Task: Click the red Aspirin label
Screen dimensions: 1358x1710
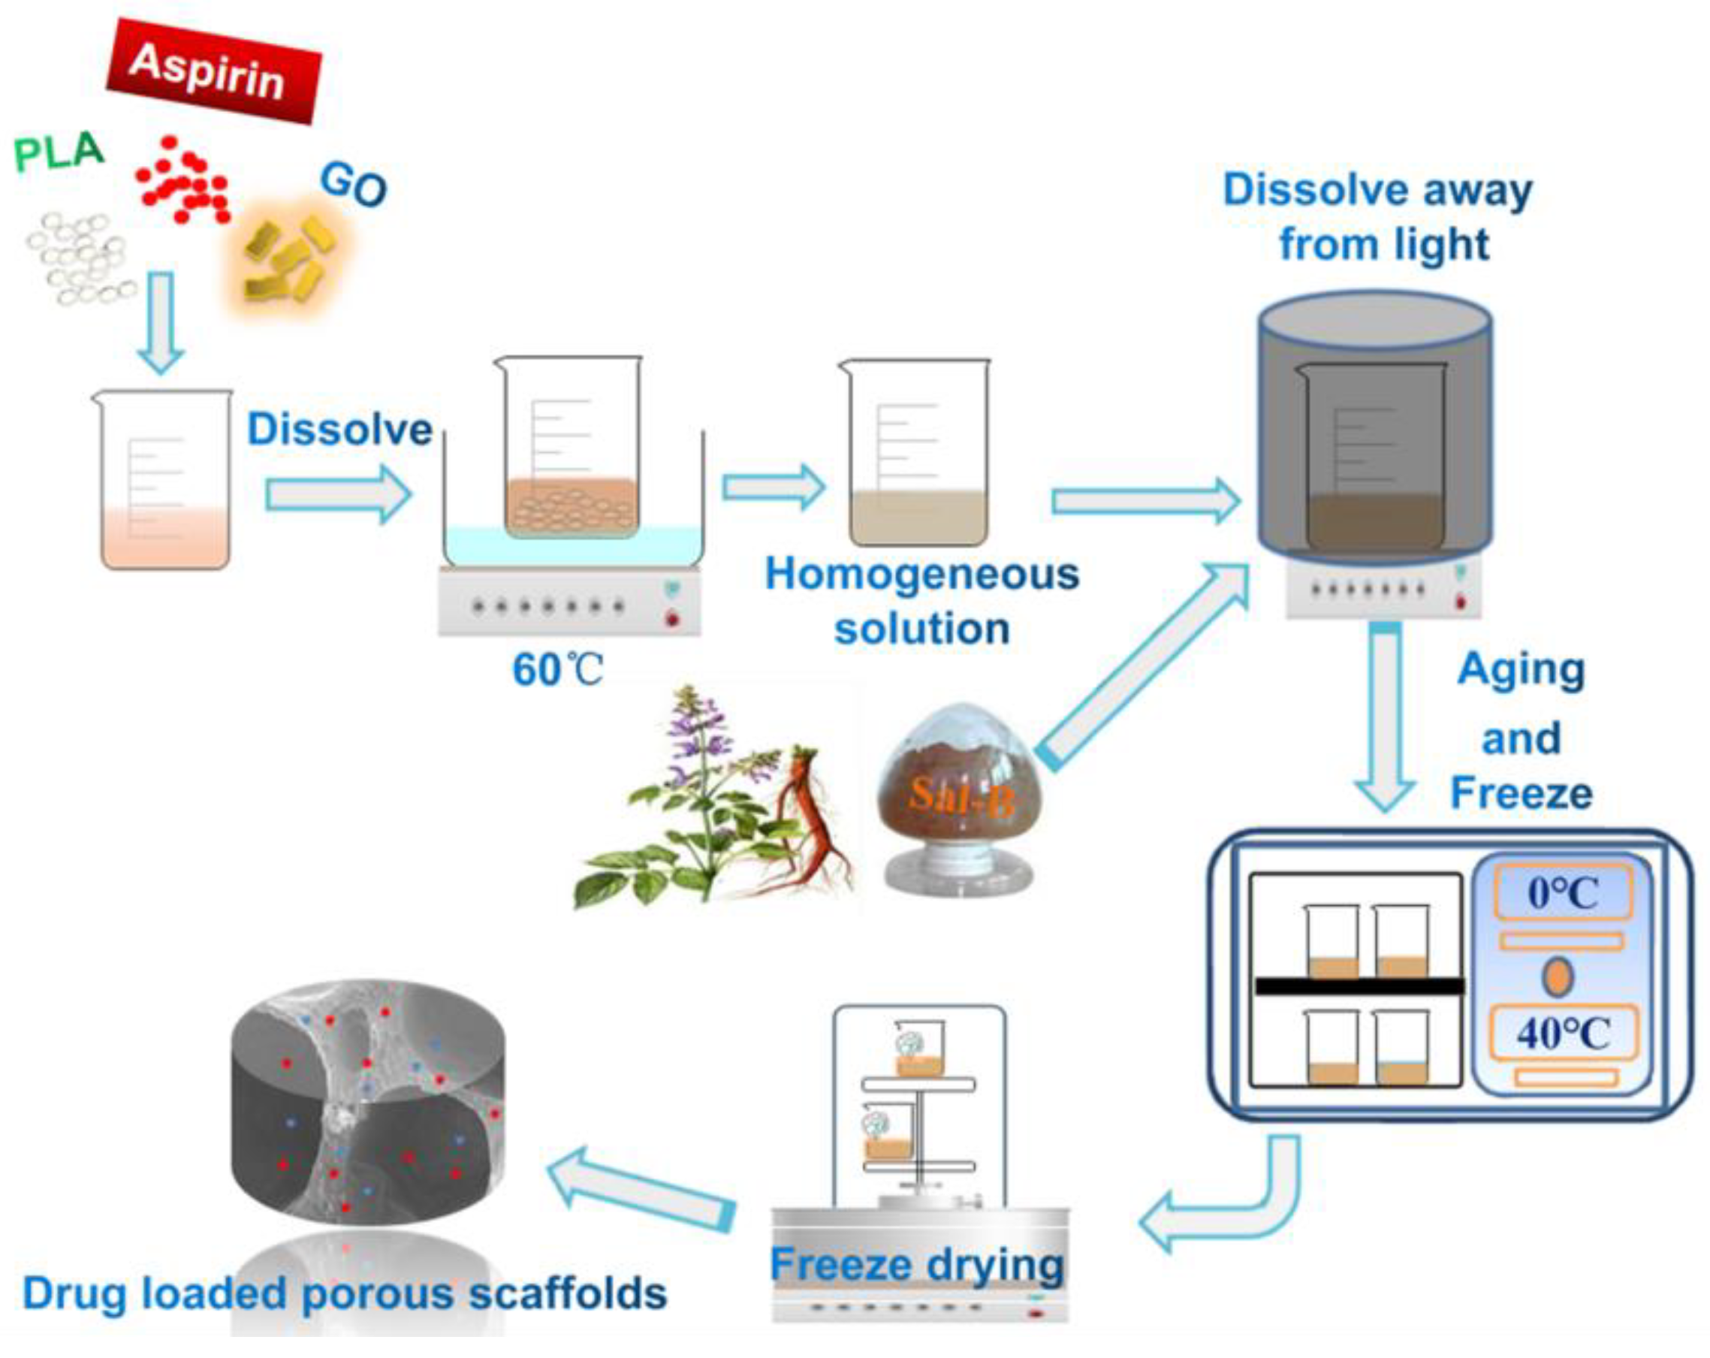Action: click(x=213, y=71)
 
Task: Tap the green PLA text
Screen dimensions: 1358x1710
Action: click(x=59, y=152)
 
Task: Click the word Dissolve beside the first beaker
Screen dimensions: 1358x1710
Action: click(x=339, y=429)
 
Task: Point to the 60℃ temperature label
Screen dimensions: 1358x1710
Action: click(x=557, y=670)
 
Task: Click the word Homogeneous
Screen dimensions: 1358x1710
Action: click(x=921, y=574)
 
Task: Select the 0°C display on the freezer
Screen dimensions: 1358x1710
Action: click(x=1563, y=893)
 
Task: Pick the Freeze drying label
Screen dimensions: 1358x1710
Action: click(x=917, y=1264)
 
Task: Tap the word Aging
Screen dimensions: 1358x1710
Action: click(x=1522, y=669)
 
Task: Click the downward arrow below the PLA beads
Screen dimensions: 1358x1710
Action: click(x=161, y=321)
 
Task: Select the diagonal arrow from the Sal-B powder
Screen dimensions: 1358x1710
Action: click(x=1142, y=666)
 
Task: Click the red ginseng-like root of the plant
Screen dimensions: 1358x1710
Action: click(x=805, y=817)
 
